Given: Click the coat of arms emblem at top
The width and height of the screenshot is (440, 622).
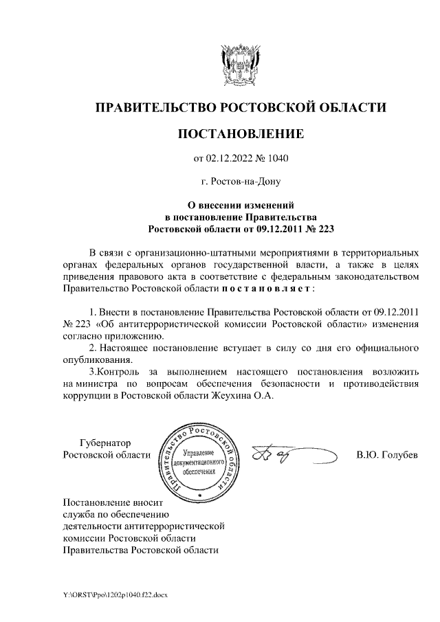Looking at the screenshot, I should (240, 66).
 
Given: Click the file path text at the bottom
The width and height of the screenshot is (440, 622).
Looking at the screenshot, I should (111, 593).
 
